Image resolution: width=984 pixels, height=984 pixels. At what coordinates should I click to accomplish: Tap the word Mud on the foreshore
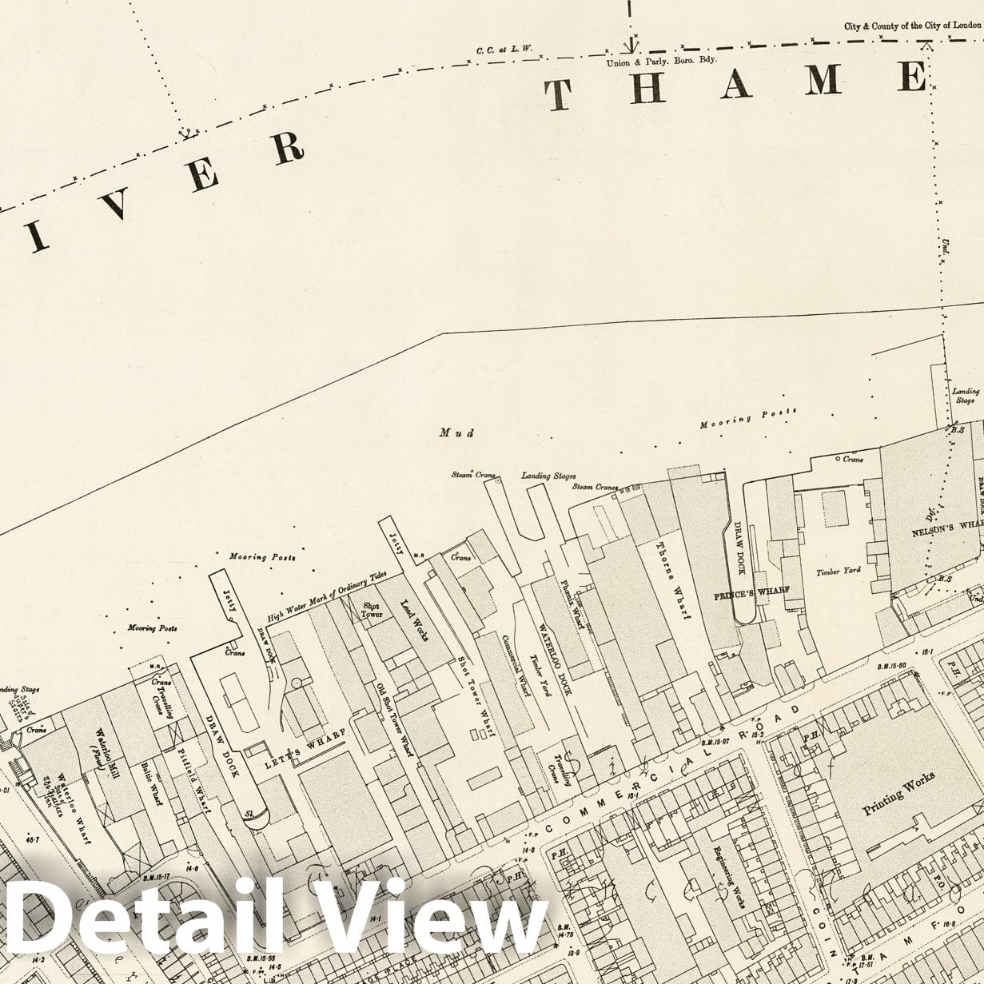pos(456,432)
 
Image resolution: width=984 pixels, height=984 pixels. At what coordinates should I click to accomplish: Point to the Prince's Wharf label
pos(751,592)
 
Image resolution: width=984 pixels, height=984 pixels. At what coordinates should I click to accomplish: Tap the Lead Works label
pos(415,620)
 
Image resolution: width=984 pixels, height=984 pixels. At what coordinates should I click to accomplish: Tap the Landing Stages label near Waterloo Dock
pos(548,476)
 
